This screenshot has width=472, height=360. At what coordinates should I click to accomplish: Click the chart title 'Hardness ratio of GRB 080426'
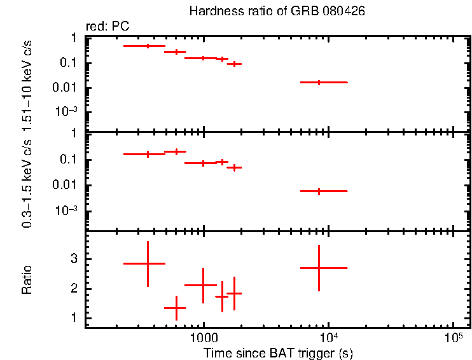pyautogui.click(x=277, y=12)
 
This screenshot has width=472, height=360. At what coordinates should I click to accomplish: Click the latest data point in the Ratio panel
pyautogui.click(x=319, y=268)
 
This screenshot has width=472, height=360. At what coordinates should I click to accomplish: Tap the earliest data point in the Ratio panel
pyautogui.click(x=148, y=263)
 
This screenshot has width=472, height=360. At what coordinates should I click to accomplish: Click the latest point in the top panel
pyautogui.click(x=319, y=82)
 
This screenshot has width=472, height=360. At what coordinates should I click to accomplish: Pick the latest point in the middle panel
pyautogui.click(x=319, y=191)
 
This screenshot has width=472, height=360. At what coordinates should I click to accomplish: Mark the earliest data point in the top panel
pyautogui.click(x=148, y=46)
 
